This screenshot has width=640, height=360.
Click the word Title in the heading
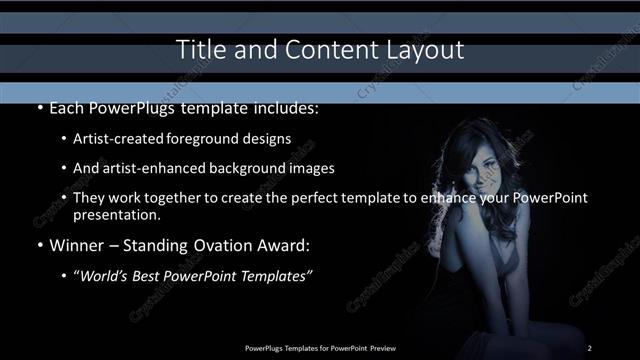pyautogui.click(x=196, y=49)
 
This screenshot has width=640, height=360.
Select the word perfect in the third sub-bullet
pyautogui.click(x=306, y=198)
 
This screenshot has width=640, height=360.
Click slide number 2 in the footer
pyautogui.click(x=590, y=347)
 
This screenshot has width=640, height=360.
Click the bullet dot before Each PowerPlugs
pyautogui.click(x=39, y=108)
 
